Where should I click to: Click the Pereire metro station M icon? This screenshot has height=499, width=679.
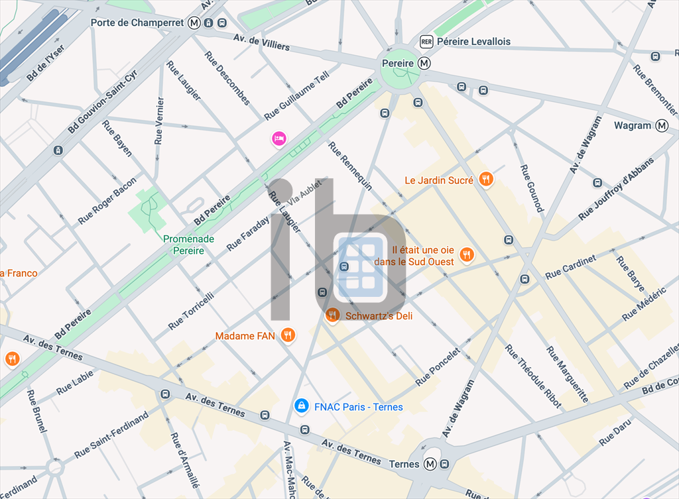click(424, 63)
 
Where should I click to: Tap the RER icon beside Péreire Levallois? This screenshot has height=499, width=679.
click(426, 41)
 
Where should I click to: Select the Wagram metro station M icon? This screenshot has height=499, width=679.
click(662, 125)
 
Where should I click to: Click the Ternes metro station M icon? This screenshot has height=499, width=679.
click(430, 464)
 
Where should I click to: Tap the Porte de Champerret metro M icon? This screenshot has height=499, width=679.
click(194, 23)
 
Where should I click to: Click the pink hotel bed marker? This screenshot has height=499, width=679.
click(279, 139)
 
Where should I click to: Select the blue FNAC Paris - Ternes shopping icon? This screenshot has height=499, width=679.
click(302, 406)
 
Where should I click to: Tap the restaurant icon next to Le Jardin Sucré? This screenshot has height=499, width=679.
click(486, 178)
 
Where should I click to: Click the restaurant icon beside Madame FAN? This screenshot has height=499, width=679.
click(287, 335)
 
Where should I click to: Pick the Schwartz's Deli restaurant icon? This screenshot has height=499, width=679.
click(333, 315)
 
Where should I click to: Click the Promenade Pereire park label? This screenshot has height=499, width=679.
click(189, 245)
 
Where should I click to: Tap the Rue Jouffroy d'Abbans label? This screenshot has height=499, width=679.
click(616, 189)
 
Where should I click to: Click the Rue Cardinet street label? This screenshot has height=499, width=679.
click(570, 266)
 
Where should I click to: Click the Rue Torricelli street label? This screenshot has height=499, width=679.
click(191, 311)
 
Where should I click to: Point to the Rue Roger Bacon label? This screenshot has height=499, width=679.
click(107, 200)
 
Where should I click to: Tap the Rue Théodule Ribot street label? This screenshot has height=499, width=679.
click(533, 376)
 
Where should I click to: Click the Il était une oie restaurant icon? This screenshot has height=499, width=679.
click(467, 254)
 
